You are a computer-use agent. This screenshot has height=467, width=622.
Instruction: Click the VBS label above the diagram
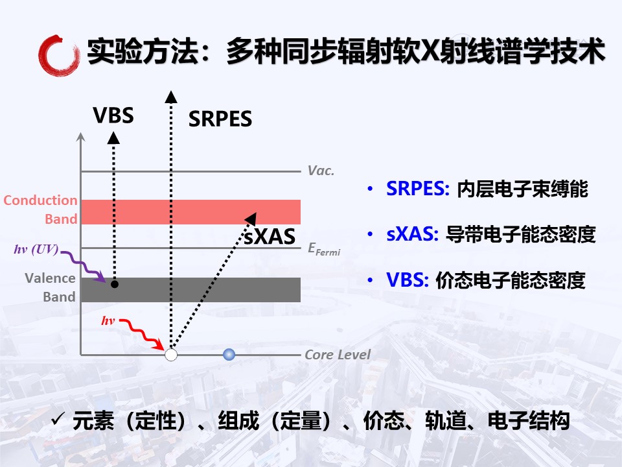tap(113, 115)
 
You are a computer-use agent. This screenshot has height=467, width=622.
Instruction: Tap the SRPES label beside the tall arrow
tap(220, 119)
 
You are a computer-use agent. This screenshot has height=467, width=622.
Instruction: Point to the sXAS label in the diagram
tap(270, 237)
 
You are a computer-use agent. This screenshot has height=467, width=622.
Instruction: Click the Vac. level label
tap(321, 171)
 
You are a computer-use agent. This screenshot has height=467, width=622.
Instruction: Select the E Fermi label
tap(324, 249)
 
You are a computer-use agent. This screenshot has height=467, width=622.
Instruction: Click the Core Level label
tap(338, 355)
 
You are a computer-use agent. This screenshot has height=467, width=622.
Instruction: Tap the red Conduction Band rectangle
tap(190, 212)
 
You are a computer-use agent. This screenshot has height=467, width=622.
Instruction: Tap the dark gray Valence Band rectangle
tap(190, 290)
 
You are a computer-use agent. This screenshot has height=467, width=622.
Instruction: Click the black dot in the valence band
tap(115, 284)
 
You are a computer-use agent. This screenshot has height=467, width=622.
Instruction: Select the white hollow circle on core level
tap(171, 355)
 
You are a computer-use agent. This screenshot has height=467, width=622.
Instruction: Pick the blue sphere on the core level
tap(229, 355)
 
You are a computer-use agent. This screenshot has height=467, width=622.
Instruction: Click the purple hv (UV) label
tap(36, 249)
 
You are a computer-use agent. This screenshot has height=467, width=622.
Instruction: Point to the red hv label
tap(108, 320)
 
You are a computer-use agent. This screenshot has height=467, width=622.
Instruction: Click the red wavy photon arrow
tap(142, 334)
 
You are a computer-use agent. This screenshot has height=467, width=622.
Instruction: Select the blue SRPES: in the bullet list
tap(418, 189)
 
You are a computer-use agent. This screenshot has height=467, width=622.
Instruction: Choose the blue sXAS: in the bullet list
tap(413, 234)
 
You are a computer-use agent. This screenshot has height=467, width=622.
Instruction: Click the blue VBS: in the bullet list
tap(408, 280)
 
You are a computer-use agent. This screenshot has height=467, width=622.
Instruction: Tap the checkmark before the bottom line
tap(58, 418)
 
